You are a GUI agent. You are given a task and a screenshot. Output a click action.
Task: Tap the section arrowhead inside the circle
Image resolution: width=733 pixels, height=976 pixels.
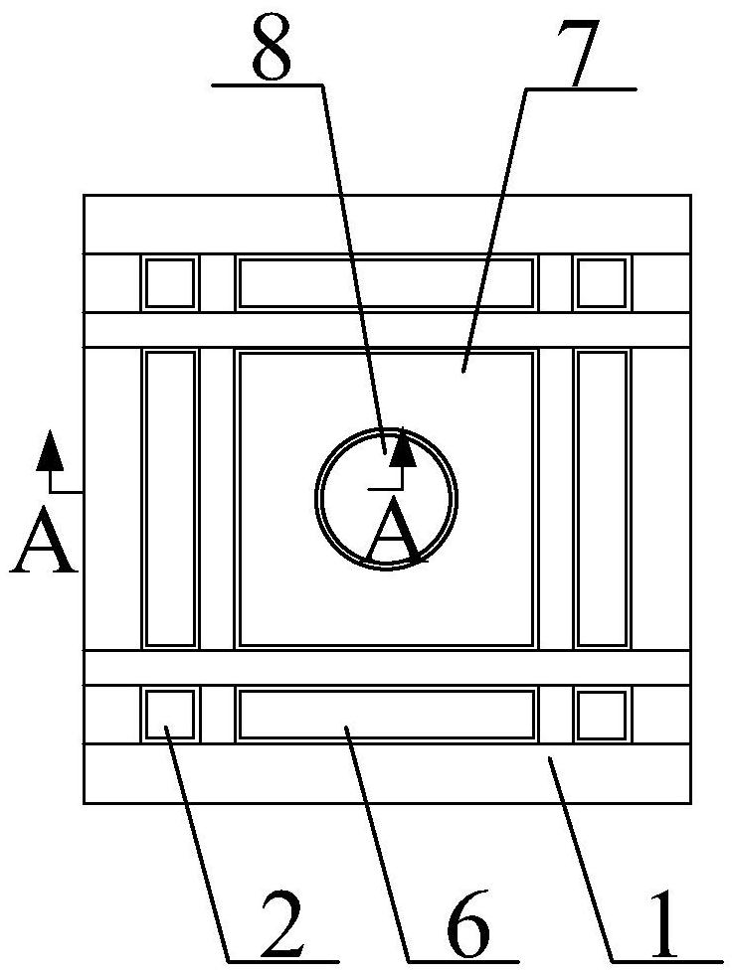(x=402, y=450)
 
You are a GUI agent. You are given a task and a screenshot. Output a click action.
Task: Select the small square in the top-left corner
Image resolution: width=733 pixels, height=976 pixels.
(x=170, y=283)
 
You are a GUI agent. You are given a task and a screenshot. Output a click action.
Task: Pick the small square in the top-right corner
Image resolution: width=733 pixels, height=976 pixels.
(x=602, y=283)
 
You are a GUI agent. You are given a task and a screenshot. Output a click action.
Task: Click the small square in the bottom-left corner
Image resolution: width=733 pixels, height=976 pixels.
(x=170, y=715)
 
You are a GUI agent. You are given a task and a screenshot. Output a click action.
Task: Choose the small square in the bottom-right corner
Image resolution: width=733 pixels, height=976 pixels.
(x=602, y=715)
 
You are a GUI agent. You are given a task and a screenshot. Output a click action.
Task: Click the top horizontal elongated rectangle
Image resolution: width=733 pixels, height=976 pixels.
(x=386, y=283)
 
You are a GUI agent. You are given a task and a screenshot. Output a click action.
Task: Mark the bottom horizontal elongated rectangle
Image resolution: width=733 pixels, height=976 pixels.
(x=386, y=715)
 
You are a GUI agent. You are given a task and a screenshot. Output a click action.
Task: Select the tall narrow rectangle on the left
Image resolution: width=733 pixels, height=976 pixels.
(x=170, y=498)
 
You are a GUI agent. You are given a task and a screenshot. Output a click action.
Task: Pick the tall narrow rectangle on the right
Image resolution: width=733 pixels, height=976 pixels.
(x=602, y=498)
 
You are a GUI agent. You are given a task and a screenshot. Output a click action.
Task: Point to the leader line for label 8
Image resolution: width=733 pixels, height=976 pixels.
(x=354, y=268)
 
